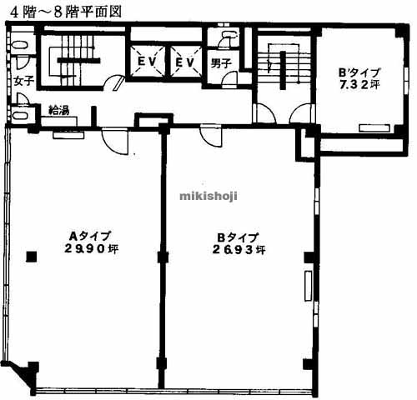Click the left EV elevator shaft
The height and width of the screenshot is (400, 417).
pyautogui.click(x=147, y=61)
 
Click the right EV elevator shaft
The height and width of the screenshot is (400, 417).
pyautogui.click(x=185, y=61)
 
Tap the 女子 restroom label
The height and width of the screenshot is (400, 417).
pyautogui.click(x=24, y=81)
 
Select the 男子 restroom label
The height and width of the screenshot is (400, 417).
pyautogui.click(x=221, y=63)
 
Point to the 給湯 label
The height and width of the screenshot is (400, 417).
pyautogui.click(x=58, y=111)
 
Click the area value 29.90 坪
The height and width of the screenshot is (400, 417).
pyautogui.click(x=91, y=248)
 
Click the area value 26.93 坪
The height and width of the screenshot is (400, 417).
pyautogui.click(x=239, y=250)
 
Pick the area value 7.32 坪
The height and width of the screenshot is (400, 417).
pyautogui.click(x=359, y=84)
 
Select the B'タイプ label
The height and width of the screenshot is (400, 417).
pyautogui.click(x=359, y=72)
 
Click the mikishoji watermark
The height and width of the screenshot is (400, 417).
pyautogui.click(x=208, y=196)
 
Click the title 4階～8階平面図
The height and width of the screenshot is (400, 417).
pyautogui.click(x=66, y=12)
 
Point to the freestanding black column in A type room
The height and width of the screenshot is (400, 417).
pyautogui.click(x=32, y=257)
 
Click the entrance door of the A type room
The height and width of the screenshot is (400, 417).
pyautogui.click(x=115, y=140)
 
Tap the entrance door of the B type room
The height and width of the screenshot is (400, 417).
pyautogui.click(x=211, y=136)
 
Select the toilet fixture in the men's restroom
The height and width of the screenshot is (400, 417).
pyautogui.click(x=227, y=38)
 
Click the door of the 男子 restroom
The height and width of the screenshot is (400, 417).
pyautogui.click(x=230, y=80)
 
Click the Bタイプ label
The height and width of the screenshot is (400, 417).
pyautogui.click(x=238, y=237)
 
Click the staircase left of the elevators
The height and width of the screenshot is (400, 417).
pyautogui.click(x=73, y=61)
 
